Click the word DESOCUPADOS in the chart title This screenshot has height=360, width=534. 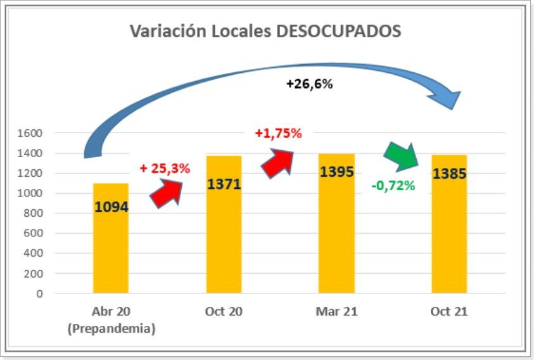tap(339, 30)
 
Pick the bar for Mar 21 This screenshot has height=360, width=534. tap(336, 241)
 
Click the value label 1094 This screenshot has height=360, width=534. tap(111, 206)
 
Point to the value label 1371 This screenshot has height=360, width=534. tap(224, 184)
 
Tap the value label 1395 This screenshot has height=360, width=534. tap(336, 172)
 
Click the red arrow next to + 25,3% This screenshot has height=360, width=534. tap(166, 193)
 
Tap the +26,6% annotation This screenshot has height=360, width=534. tap(309, 84)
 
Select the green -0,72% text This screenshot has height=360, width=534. tap(393, 186)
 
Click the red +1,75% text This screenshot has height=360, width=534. tap(278, 134)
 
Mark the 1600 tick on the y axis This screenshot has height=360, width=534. tap(30, 133)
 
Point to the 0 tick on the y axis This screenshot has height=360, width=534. tap(39, 293)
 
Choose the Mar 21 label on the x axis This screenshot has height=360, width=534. tap(336, 312)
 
